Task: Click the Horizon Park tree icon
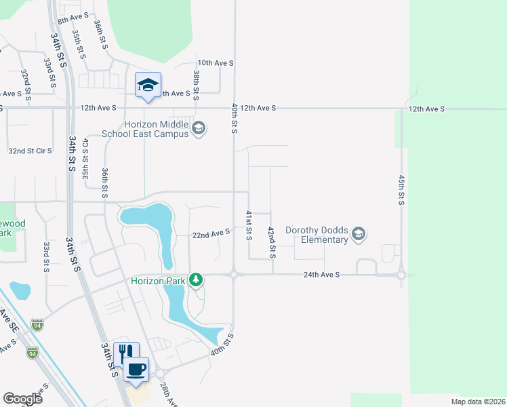pos(197,279)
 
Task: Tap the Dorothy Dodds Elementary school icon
pos(359,235)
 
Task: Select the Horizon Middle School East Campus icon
pos(199,128)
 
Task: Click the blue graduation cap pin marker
pos(148,85)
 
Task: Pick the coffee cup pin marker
pos(138,369)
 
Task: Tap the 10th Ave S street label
pos(216,63)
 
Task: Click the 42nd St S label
pos(271,242)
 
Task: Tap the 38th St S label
pos(196,85)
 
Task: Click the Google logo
pos(22,398)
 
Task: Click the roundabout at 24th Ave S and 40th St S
pos(234,275)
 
